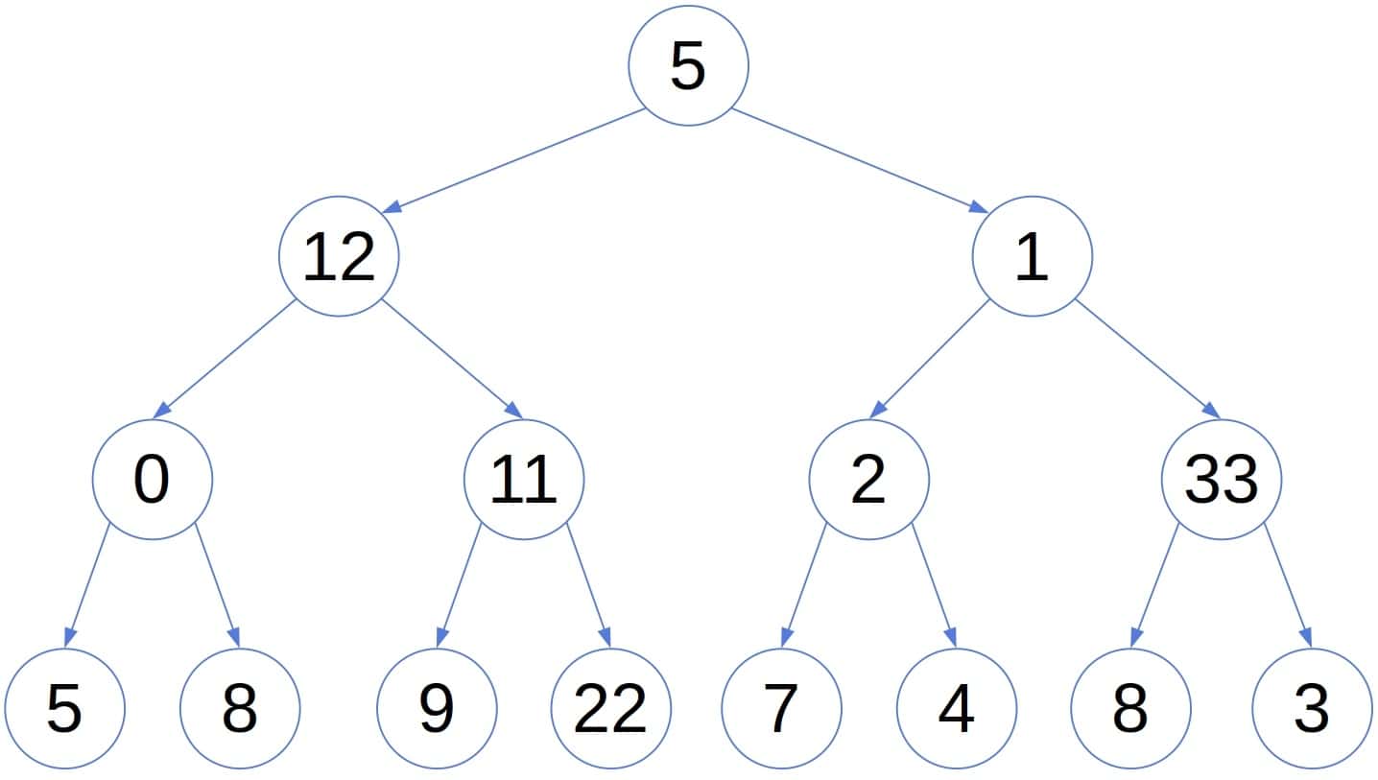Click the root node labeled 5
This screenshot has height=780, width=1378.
(687, 65)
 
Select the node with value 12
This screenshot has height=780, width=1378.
(338, 257)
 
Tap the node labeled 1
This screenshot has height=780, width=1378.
(1032, 257)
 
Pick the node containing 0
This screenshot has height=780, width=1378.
(152, 480)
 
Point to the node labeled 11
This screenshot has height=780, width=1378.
(523, 480)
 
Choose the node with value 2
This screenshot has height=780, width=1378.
(868, 480)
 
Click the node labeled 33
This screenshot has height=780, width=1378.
(1221, 480)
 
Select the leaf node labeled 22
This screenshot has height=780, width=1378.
(611, 709)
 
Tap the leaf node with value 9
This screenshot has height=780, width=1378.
(437, 709)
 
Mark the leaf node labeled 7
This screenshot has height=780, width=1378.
(781, 709)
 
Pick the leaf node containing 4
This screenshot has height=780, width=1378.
(956, 709)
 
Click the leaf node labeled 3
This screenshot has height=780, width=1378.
(1312, 709)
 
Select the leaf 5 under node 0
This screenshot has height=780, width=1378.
(64, 709)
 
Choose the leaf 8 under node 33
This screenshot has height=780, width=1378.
(1130, 709)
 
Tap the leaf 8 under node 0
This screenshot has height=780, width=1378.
(239, 709)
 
